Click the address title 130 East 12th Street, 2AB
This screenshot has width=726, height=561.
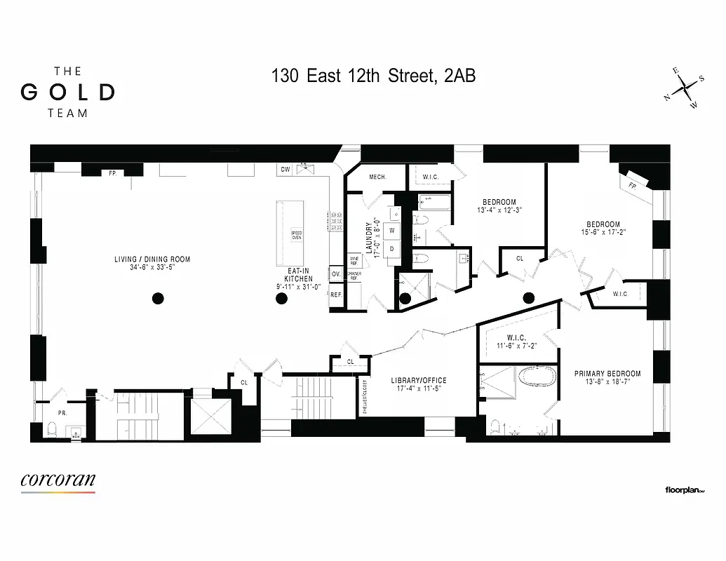(373, 76)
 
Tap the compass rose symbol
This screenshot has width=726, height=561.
(684, 89)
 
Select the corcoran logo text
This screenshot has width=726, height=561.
(58, 480)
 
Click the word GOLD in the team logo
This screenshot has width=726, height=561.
(67, 92)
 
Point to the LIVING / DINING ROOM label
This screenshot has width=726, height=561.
(152, 259)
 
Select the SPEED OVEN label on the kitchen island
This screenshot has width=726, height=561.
(297, 235)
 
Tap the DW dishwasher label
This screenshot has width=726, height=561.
(285, 170)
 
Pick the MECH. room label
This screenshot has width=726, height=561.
(378, 177)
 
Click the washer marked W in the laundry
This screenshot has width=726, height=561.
(392, 230)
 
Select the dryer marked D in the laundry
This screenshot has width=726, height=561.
(392, 248)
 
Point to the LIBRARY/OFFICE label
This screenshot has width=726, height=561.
(418, 381)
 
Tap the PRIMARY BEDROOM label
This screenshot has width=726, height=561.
(607, 374)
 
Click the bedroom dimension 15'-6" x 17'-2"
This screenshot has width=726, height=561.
(603, 234)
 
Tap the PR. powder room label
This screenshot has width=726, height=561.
(62, 413)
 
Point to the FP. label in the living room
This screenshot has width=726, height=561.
(112, 172)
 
